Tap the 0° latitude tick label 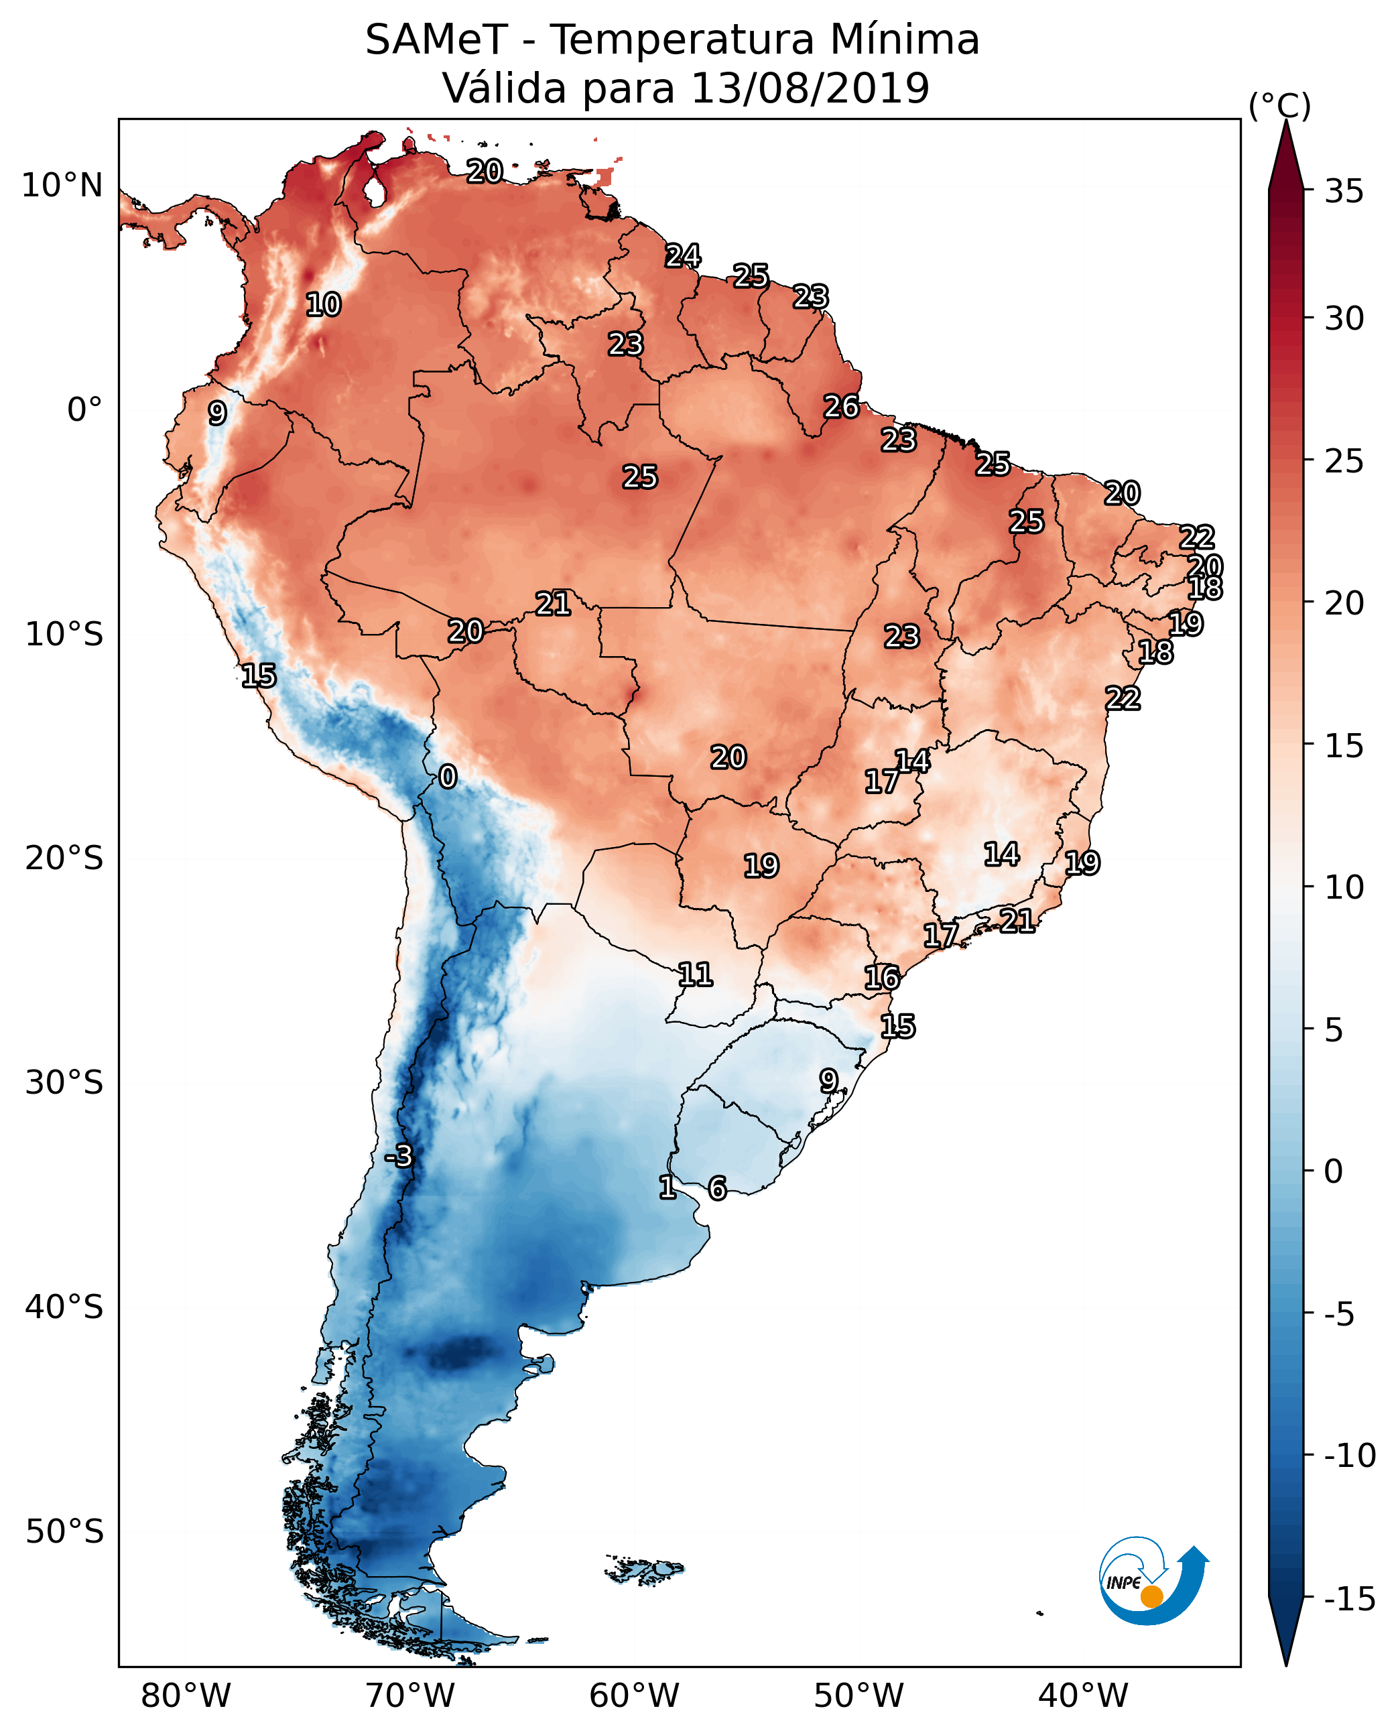coord(84,410)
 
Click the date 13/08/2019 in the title coord(810,88)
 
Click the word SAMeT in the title coord(436,40)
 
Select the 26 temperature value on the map coord(842,407)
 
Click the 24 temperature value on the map coord(683,256)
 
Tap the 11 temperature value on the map coord(695,975)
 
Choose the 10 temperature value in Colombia coord(324,305)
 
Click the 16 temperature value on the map coord(882,978)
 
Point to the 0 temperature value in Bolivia coord(448,777)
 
